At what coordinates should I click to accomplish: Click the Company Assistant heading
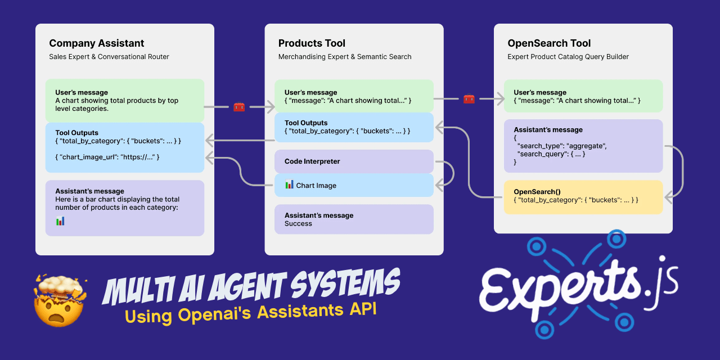coord(96,43)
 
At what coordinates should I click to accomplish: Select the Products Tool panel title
coord(312,43)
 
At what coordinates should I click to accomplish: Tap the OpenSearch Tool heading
coord(549,43)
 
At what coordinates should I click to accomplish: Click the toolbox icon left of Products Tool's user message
coord(239,106)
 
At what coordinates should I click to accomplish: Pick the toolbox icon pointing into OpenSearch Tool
coord(469,99)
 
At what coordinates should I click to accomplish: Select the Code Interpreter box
coord(354,161)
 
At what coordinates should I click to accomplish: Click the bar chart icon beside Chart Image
coord(289,184)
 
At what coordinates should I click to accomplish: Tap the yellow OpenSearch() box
coord(583,196)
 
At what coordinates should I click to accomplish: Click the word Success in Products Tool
coord(298,224)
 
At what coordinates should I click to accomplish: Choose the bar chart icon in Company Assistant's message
coord(60,221)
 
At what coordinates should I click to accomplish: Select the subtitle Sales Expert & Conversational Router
coord(109,57)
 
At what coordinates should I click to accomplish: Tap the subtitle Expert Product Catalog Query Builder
coord(568,57)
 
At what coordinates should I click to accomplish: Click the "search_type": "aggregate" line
coord(562,146)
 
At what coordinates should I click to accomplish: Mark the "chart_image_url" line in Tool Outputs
coord(107,157)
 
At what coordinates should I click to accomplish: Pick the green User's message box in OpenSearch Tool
coord(583,96)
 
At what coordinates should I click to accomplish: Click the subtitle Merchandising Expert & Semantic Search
coord(345,57)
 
